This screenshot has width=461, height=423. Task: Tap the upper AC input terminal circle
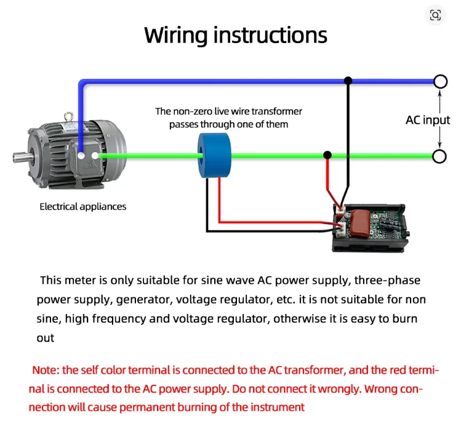(440, 81)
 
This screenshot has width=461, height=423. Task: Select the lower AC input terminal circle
(439, 156)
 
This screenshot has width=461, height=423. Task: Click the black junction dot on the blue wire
(348, 80)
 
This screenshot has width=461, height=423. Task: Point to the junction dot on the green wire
(327, 155)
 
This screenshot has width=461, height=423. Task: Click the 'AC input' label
(428, 120)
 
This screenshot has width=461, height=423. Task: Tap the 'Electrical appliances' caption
(83, 206)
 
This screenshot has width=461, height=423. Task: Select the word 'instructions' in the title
(270, 35)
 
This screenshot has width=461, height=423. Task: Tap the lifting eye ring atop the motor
(68, 116)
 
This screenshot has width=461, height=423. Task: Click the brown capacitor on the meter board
(360, 223)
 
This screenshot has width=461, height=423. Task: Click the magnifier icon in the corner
(435, 15)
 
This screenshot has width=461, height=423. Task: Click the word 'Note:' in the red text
(46, 370)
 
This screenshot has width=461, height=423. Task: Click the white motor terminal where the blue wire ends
(81, 156)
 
